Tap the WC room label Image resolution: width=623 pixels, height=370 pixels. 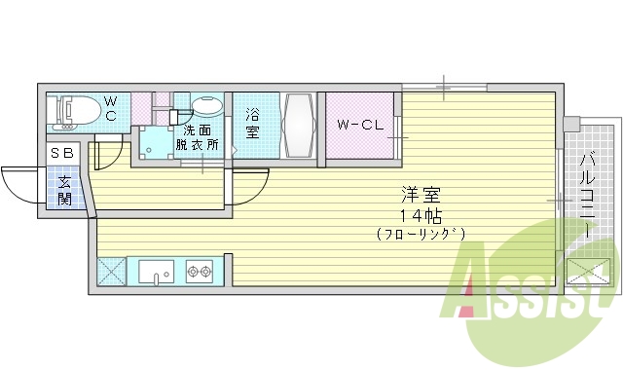click(110, 108)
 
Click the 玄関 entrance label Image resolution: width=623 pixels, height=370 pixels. click(63, 189)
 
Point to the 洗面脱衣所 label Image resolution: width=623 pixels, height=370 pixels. click(198, 137)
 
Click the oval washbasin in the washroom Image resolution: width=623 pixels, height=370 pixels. click(206, 106)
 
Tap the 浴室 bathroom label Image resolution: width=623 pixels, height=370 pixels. click(252, 121)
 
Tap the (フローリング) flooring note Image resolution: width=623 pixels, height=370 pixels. click(421, 234)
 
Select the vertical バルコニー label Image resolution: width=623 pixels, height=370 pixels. click(588, 195)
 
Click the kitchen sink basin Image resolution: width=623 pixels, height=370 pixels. click(156, 272)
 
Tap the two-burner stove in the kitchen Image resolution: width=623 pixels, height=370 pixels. click(200, 272)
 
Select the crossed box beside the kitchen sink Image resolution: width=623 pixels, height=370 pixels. click(111, 272)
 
